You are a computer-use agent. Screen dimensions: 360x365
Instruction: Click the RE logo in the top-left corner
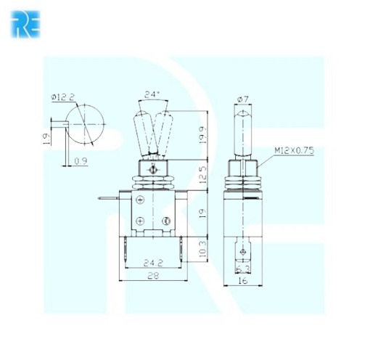click(x=25, y=23)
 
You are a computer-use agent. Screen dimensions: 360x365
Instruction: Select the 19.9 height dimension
click(x=203, y=135)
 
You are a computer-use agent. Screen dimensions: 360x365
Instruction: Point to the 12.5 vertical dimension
click(x=203, y=174)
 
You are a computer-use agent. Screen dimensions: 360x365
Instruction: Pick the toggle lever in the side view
click(x=243, y=131)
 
